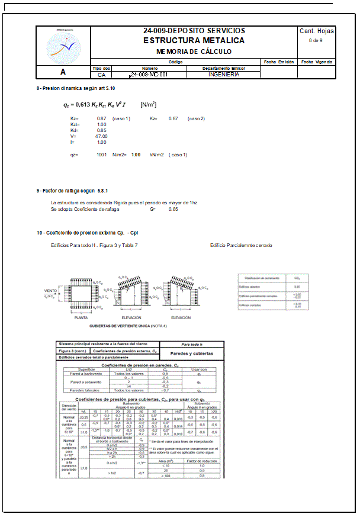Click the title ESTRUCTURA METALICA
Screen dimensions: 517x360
[194, 40]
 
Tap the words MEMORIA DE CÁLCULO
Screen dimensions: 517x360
[194, 52]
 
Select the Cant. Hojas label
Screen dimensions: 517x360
[316, 31]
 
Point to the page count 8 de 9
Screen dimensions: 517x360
[316, 40]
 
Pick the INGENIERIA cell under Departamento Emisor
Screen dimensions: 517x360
[224, 75]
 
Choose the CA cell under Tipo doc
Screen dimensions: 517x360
[102, 75]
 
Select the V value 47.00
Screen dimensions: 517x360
[101, 136]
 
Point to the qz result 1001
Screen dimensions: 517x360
[101, 155]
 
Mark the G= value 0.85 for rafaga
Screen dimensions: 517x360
[173, 209]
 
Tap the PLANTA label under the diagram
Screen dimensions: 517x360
[81, 317]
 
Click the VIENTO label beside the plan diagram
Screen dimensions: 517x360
[51, 291]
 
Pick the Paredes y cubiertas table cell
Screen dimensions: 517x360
[192, 353]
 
